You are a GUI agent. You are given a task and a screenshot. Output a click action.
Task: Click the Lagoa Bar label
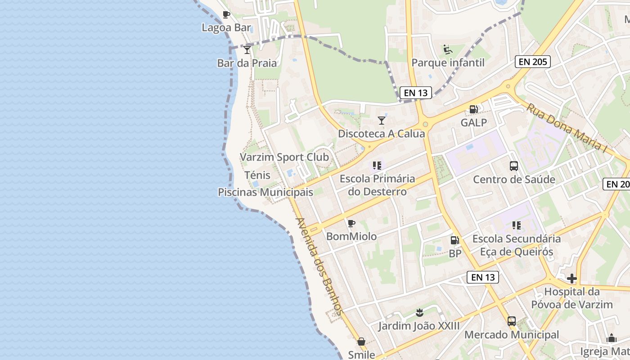point(226,27)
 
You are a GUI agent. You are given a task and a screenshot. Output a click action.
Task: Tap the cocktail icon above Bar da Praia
point(247,49)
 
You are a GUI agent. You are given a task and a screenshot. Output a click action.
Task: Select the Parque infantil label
point(448,63)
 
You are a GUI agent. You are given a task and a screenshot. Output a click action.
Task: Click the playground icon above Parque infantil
point(447,49)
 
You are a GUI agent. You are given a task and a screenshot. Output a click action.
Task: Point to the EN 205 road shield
point(533,62)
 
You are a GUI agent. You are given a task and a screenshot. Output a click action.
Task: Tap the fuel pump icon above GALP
point(473,109)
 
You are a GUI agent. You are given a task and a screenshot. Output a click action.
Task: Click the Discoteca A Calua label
point(381,134)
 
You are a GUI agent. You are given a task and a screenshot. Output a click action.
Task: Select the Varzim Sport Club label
point(284,157)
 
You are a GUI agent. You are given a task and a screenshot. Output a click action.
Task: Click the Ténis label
point(257,175)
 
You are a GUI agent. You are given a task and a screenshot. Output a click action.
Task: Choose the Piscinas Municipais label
point(265,192)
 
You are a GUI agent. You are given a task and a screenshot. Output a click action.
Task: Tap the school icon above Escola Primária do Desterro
point(377,166)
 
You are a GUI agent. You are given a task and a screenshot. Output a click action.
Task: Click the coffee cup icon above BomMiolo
point(351,223)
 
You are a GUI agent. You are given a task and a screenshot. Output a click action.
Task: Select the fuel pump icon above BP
point(455,240)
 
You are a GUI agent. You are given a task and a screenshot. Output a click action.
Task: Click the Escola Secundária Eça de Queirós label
point(517,245)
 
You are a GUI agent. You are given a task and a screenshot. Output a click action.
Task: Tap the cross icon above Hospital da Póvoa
point(571,279)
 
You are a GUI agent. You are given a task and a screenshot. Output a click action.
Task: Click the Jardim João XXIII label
point(419,326)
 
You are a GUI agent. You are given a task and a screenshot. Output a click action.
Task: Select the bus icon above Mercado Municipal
point(512,321)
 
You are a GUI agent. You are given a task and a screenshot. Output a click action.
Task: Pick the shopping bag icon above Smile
point(361,342)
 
